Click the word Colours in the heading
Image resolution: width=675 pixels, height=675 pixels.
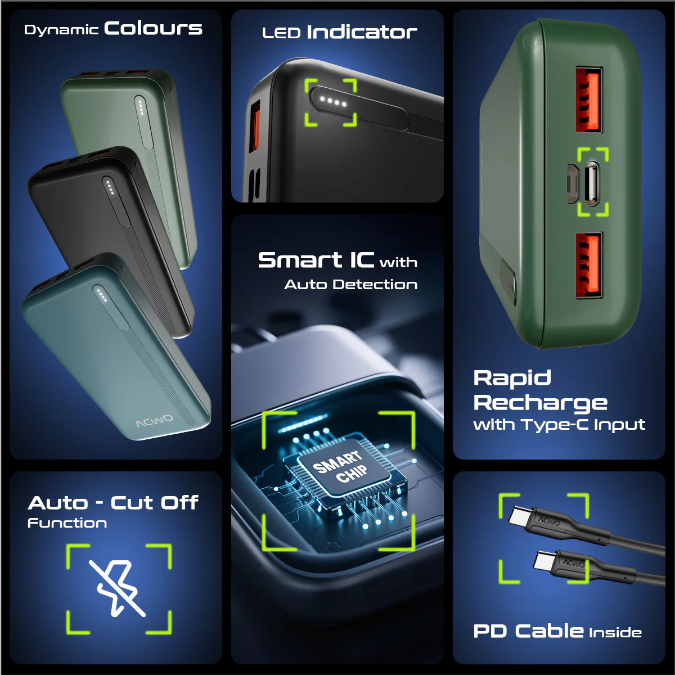pos(153,29)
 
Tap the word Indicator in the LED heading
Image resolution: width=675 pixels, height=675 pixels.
pos(362,32)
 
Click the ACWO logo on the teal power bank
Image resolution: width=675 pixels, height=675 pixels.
pos(155,421)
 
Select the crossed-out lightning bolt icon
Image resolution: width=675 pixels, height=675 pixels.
pos(118,588)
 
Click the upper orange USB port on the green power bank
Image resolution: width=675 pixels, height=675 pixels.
pos(589,99)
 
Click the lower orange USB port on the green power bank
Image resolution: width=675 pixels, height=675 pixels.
pos(589,265)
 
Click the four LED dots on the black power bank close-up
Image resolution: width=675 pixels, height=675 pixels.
pos(334,102)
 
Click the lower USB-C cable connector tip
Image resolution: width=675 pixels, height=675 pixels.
pos(544,561)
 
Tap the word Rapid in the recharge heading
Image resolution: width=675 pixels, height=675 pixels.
pos(512,379)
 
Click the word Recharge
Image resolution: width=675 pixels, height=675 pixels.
pos(540,403)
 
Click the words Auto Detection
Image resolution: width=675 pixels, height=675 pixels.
pos(350,284)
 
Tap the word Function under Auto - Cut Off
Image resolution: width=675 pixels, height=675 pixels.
pos(67,523)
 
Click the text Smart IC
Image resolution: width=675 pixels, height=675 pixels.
pos(316,260)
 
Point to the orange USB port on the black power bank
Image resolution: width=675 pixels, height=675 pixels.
pos(255,126)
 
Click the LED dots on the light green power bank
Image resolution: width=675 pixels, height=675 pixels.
pos(141,108)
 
